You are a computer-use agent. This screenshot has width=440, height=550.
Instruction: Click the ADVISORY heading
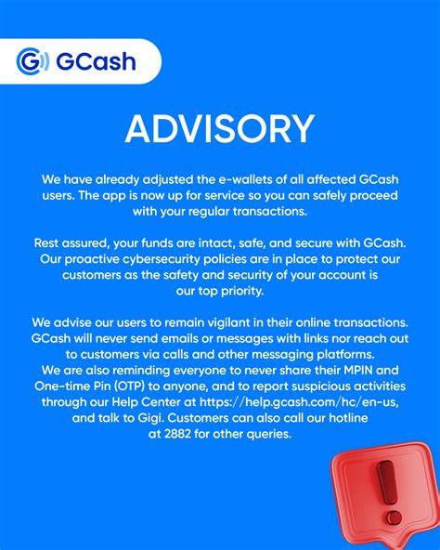click(220, 129)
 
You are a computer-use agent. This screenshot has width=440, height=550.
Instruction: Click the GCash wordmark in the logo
click(96, 61)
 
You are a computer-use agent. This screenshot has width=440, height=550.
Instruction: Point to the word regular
click(209, 212)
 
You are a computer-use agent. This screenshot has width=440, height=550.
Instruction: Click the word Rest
click(46, 243)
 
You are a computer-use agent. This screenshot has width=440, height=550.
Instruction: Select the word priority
click(243, 291)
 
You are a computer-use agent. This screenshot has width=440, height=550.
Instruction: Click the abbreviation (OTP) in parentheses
click(129, 386)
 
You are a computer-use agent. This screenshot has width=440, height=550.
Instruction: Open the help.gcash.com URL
click(299, 402)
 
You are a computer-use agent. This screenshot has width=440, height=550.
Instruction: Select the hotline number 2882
click(177, 434)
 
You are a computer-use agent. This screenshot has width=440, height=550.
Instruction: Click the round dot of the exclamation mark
click(395, 517)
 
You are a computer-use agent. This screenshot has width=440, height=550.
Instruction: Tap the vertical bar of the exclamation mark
click(387, 482)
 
